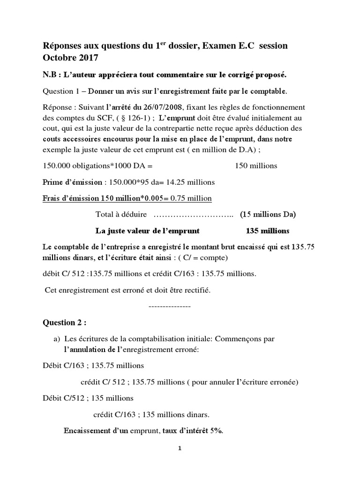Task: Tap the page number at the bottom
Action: pos(180,448)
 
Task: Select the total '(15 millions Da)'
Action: pos(268,215)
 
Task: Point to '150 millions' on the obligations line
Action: pos(255,165)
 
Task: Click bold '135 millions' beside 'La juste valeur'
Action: pos(267,231)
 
